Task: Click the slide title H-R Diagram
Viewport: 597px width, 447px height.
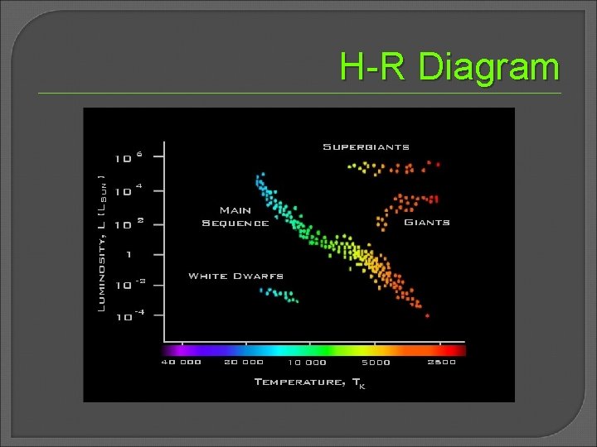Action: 449,67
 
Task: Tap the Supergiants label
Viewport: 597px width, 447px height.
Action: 366,147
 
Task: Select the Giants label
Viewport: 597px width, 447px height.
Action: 427,222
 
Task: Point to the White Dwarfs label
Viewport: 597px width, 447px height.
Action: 235,276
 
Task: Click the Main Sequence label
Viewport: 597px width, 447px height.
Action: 235,216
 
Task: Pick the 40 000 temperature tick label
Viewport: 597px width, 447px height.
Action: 181,362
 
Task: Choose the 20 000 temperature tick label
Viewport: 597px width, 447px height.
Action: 243,362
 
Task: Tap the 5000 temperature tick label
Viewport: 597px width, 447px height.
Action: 376,362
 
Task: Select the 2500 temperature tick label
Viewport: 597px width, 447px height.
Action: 441,362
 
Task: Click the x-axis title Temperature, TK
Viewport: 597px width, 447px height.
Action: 308,382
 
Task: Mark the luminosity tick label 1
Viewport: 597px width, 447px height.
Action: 128,254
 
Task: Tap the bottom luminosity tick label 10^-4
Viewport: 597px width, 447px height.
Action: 129,315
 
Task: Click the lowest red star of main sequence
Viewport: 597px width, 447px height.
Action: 427,315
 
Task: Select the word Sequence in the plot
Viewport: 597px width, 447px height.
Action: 235,223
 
